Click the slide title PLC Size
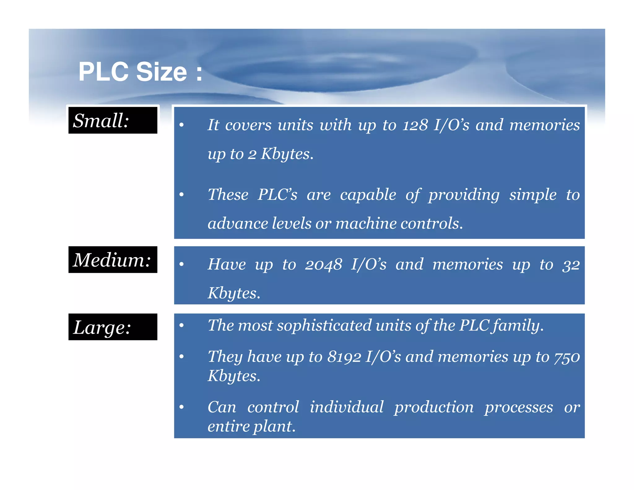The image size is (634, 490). (140, 72)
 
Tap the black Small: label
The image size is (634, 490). (113, 120)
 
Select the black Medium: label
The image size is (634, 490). (113, 260)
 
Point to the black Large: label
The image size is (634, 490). (113, 327)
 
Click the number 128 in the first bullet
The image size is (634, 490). (415, 125)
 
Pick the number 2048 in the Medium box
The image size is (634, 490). (323, 265)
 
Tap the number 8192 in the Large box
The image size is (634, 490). (344, 357)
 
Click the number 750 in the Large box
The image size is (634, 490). (567, 357)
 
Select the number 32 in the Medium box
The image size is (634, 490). (571, 265)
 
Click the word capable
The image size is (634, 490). (368, 195)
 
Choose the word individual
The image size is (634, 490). (347, 407)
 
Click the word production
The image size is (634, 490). (434, 407)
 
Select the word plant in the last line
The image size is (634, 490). (274, 427)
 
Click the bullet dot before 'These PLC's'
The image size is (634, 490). (182, 195)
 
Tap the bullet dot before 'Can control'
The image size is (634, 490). (182, 407)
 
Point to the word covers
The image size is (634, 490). (248, 125)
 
